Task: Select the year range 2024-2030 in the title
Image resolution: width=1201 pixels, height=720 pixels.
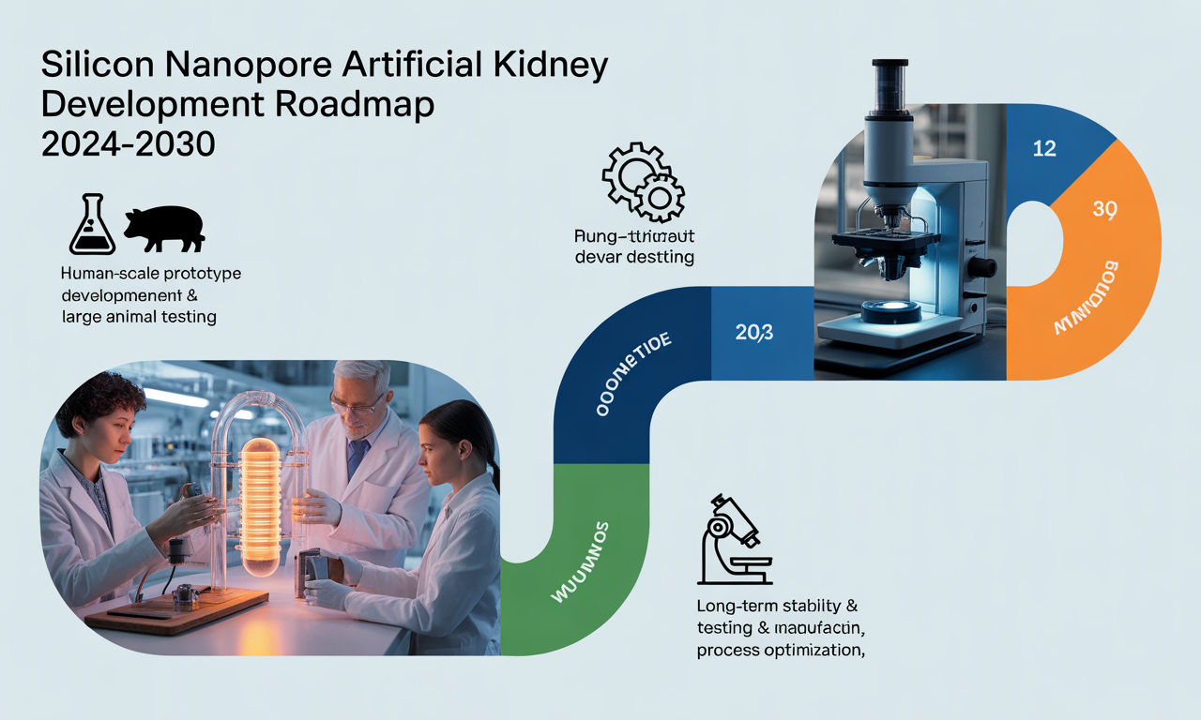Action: [129, 143]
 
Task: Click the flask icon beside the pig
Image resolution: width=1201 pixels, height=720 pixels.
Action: [93, 226]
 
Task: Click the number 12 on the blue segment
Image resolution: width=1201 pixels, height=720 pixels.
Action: [1044, 148]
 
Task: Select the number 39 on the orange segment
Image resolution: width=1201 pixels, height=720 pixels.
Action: [1104, 209]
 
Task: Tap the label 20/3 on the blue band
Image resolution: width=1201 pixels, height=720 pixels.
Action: [754, 331]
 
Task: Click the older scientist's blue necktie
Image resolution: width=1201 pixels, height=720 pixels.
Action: [357, 458]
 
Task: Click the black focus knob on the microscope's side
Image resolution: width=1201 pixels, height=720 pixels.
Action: [982, 267]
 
